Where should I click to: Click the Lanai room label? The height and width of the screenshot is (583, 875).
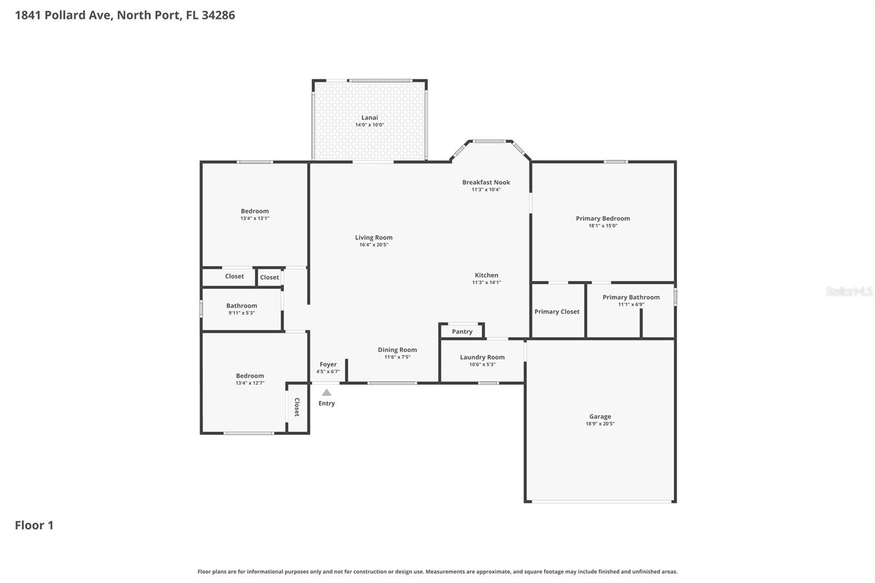click(370, 118)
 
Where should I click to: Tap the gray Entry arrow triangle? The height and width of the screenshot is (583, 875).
click(326, 392)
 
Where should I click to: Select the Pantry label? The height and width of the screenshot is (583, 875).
click(462, 331)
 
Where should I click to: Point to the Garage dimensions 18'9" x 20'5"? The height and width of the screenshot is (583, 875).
click(600, 424)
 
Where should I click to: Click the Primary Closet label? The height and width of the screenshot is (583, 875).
click(557, 312)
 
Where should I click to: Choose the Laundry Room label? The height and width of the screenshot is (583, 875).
click(482, 357)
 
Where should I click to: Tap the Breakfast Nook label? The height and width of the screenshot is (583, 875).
click(486, 182)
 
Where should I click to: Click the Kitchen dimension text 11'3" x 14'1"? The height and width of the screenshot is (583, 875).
click(486, 283)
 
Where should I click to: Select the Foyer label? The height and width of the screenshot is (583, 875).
click(328, 364)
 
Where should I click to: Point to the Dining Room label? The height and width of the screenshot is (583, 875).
click(397, 350)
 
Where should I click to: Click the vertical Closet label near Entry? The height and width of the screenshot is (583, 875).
click(297, 407)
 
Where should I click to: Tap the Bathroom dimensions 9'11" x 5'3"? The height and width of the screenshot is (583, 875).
click(241, 313)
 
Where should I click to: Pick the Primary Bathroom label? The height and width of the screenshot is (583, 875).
click(631, 298)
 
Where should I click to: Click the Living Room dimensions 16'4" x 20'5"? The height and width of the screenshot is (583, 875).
click(374, 245)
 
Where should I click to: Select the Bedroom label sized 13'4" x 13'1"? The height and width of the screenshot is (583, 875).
click(255, 211)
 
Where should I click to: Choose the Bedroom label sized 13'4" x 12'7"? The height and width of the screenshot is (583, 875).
click(250, 376)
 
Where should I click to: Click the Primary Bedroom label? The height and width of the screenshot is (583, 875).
click(603, 218)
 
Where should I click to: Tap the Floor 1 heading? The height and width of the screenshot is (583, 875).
click(34, 526)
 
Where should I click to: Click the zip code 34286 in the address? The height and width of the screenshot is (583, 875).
click(218, 15)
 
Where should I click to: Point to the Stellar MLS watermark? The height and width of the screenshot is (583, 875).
click(849, 291)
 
